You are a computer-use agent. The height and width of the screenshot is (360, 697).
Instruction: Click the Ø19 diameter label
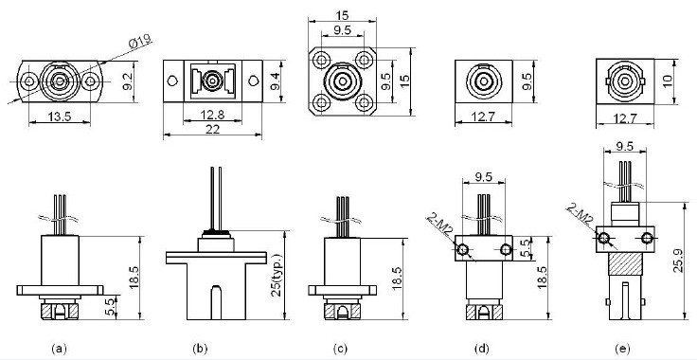[x=140, y=42]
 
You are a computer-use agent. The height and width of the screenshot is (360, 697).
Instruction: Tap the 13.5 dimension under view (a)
[x=60, y=117]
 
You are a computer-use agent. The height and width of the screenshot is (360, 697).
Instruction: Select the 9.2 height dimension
[x=127, y=81]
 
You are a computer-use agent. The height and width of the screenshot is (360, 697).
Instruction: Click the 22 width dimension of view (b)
[x=212, y=129]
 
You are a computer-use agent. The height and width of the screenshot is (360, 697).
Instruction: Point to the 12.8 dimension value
[x=212, y=116]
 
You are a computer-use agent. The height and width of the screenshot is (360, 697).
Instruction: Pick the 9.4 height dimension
[x=275, y=81]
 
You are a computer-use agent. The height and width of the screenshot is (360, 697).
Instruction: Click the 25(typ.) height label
[x=276, y=275]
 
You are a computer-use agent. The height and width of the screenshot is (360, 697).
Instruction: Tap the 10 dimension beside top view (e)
[x=667, y=81]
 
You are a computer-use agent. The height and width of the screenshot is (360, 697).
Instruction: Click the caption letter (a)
[x=60, y=349]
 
